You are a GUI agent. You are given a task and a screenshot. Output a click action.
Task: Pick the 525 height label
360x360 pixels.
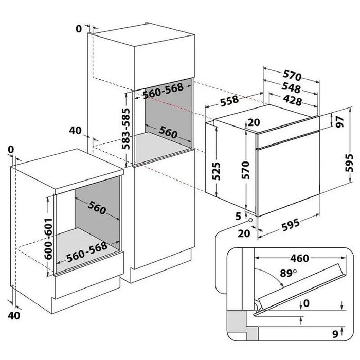(x=216, y=170)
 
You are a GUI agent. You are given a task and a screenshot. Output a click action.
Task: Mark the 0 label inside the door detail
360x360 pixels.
(x=307, y=305)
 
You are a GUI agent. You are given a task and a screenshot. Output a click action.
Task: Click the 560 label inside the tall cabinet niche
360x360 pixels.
(x=169, y=133)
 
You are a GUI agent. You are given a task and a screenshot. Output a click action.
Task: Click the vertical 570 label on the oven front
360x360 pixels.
(x=246, y=170)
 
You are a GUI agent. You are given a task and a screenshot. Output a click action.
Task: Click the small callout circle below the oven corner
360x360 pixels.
(x=249, y=221)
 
